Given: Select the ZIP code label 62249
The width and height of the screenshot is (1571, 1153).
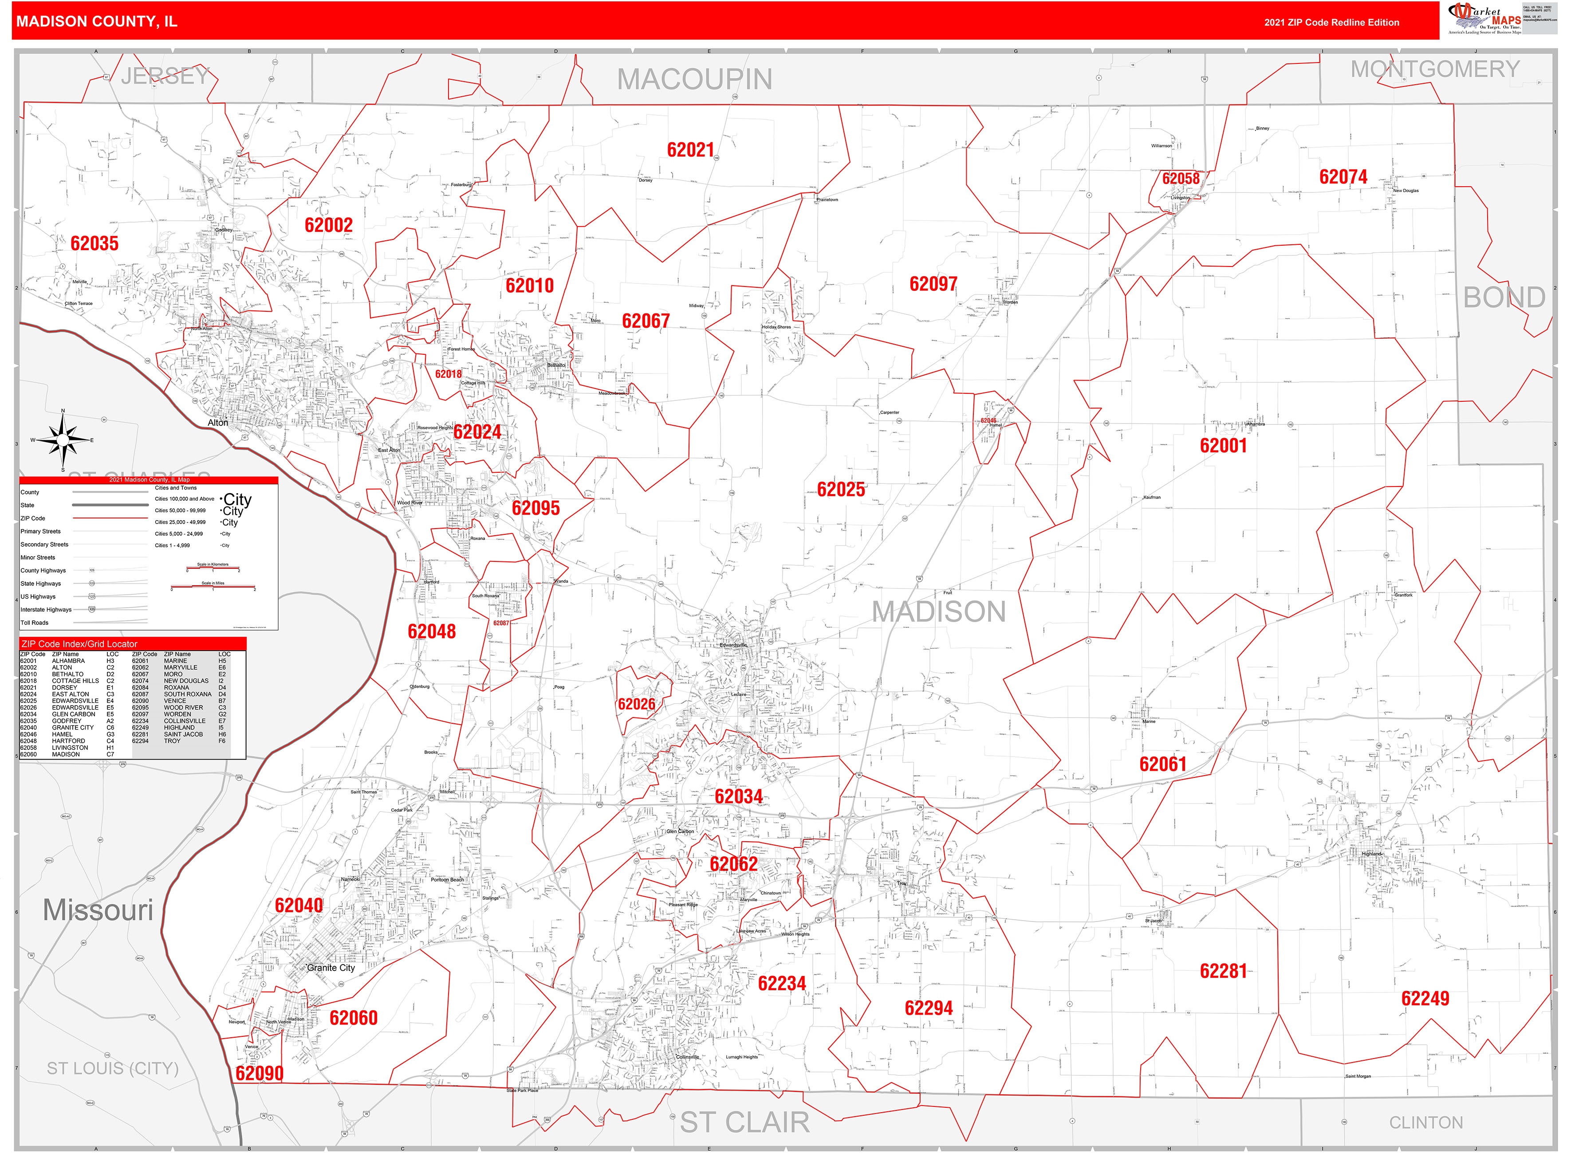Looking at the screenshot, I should click(x=1425, y=999).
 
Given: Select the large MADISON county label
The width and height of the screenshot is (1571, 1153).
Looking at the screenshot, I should click(x=938, y=612).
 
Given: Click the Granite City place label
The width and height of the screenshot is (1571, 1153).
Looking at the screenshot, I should click(x=331, y=968).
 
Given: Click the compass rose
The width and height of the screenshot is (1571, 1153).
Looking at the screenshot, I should click(x=63, y=440).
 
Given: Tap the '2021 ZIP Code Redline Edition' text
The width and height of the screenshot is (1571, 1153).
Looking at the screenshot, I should click(x=1331, y=22).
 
